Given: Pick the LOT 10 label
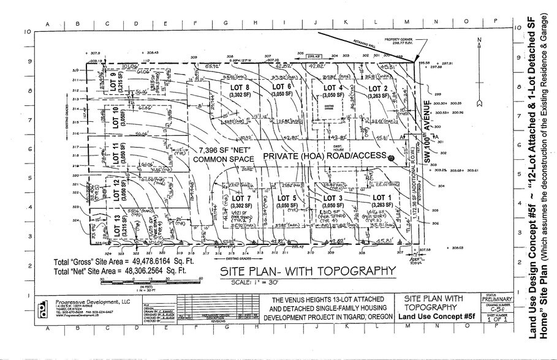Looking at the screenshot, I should (x=117, y=114).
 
